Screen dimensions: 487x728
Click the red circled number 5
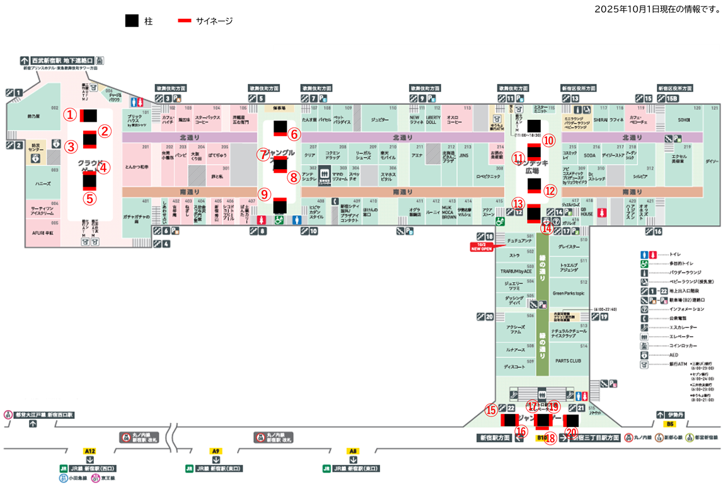click(90, 197)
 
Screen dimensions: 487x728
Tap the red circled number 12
click(550, 191)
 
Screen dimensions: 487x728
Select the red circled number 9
click(264, 194)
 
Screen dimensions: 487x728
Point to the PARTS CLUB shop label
click(568, 361)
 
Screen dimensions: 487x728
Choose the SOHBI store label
click(683, 119)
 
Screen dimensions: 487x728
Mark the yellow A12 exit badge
click(90, 451)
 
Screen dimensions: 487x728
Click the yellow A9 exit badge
click(216, 451)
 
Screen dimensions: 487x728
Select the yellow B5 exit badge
click(670, 425)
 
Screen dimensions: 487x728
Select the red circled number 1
click(71, 115)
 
